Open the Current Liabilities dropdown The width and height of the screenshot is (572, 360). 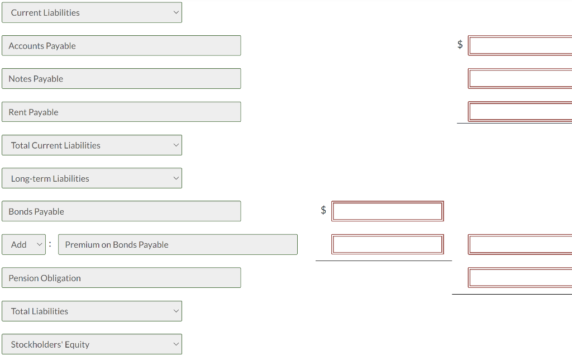pos(92,12)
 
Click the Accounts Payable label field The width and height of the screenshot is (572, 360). pos(121,46)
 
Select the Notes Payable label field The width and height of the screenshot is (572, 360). pos(121,78)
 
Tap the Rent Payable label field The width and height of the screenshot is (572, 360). pos(121,112)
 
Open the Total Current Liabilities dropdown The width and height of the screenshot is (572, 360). pos(92,145)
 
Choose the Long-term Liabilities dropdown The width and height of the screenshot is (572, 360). pos(92,178)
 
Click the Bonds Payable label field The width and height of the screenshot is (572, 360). pos(121,211)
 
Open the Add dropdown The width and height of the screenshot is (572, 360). pos(23,244)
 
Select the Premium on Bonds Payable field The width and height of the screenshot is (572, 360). pos(178,244)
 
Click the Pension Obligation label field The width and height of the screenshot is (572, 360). pos(121,277)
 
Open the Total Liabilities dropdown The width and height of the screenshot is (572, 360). pos(92,311)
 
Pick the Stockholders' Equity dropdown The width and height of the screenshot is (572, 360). pos(92,344)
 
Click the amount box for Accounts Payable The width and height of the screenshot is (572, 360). pos(520,46)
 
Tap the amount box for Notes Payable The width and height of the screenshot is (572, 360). pos(520,78)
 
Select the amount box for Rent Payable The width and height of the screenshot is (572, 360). pos(520,112)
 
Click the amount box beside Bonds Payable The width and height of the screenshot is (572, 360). pos(388,211)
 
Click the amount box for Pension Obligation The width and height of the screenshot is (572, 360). pos(520,277)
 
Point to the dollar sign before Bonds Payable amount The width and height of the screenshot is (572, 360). pos(323,210)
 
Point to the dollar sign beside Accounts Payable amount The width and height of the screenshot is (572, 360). pos(460,44)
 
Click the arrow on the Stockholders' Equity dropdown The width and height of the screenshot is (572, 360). pos(176,344)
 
